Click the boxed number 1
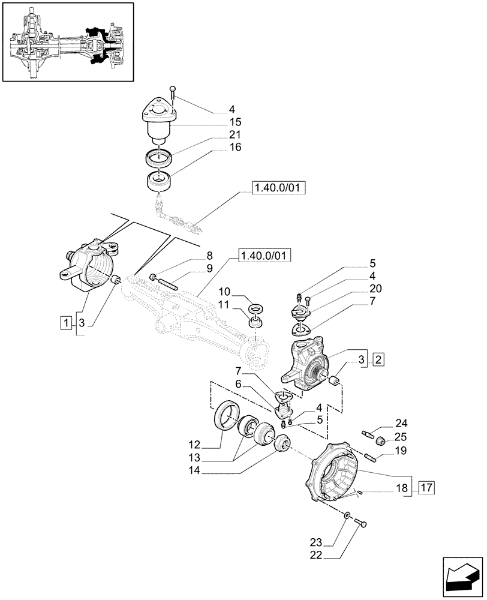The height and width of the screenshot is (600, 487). pos(65,323)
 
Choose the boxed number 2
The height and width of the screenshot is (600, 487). pos(378,360)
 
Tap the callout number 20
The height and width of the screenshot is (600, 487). pos(376,289)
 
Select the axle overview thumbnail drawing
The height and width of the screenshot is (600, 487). pos(68,43)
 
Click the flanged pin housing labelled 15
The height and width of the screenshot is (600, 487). pos(158,121)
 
